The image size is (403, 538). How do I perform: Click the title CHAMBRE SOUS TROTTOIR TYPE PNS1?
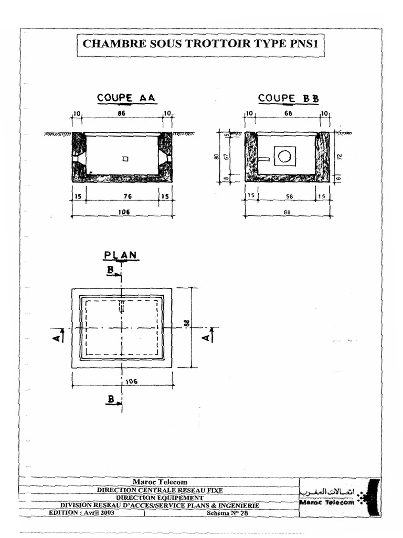click(x=201, y=44)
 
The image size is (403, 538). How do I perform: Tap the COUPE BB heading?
click(x=288, y=98)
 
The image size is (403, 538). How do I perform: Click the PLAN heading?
click(x=121, y=255)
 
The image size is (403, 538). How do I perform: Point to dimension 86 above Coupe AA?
click(x=122, y=113)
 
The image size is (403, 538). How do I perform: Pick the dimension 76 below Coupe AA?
click(x=122, y=196)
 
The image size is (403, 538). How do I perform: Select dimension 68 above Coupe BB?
click(x=287, y=113)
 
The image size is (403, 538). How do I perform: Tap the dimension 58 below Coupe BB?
click(x=287, y=196)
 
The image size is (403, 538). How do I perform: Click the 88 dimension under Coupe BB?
click(x=287, y=212)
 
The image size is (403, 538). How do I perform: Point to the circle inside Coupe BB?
click(x=284, y=156)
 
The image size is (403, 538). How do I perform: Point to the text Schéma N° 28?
click(x=227, y=513)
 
